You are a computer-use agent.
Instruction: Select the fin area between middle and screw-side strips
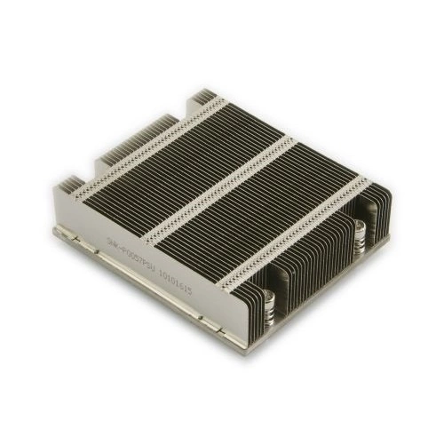point(266,204)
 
